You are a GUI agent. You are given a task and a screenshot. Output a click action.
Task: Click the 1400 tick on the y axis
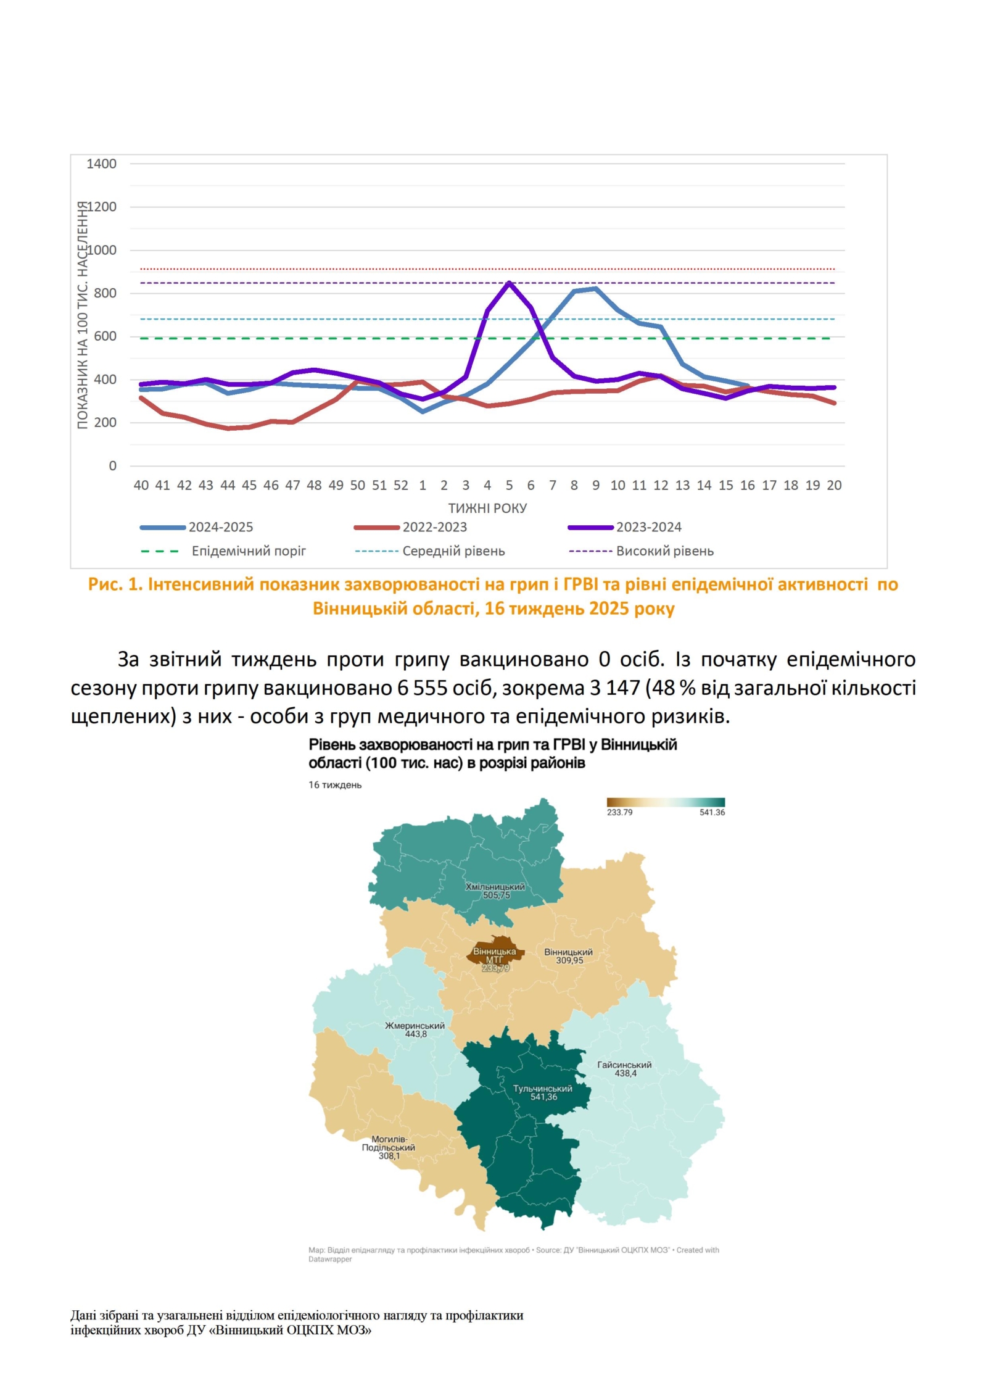(101, 164)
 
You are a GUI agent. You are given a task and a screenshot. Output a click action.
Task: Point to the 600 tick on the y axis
(105, 336)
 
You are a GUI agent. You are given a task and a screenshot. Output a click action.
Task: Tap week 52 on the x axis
(401, 485)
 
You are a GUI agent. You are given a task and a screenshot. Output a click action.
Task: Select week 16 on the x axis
(747, 485)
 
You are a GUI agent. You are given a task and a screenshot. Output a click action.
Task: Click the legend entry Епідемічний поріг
(249, 551)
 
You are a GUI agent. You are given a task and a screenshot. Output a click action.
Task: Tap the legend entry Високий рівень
(664, 551)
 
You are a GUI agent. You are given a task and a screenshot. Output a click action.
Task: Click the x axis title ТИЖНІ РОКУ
(487, 508)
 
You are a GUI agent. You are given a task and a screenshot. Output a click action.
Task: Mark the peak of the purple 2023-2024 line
(509, 283)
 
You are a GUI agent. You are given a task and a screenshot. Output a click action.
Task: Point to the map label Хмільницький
(495, 887)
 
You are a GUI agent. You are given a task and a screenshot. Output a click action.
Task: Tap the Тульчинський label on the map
(543, 1089)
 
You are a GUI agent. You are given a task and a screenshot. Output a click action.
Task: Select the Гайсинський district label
(624, 1065)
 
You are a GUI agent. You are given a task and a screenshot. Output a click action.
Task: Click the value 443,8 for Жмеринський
(416, 1034)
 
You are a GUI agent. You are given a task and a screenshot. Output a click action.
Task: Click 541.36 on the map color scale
(712, 812)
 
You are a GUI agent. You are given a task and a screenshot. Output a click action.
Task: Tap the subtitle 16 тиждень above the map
(335, 785)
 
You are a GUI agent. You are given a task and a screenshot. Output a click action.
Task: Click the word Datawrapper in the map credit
(330, 1259)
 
